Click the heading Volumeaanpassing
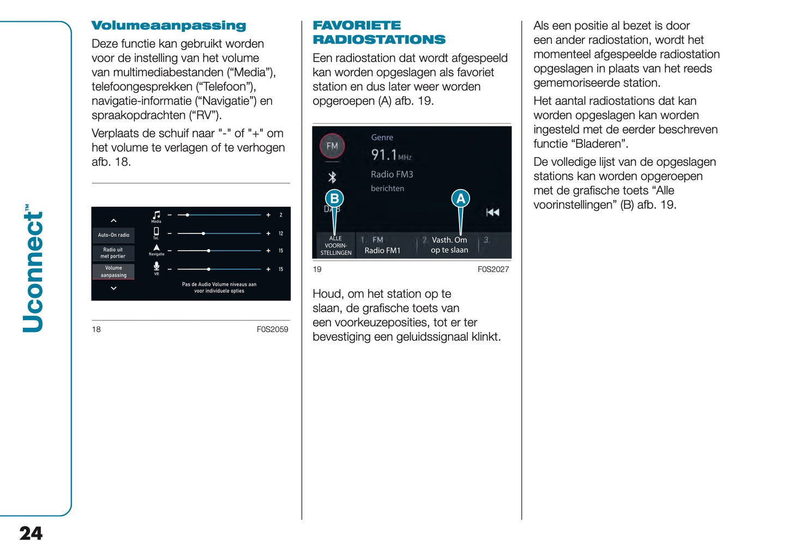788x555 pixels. click(169, 26)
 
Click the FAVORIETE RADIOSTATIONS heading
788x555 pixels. click(378, 33)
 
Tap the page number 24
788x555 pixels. click(31, 533)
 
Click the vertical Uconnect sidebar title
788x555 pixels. click(33, 269)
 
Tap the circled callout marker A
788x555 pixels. click(460, 198)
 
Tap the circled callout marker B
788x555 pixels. click(334, 198)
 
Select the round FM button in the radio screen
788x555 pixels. click(332, 146)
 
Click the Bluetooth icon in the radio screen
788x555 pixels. click(332, 177)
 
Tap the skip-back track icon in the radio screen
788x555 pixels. click(492, 212)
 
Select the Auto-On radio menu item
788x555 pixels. click(113, 235)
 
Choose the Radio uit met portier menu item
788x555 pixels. click(113, 253)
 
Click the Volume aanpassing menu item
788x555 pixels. click(113, 272)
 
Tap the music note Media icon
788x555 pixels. click(157, 215)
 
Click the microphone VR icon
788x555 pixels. click(157, 267)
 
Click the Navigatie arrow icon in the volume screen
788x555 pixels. click(157, 248)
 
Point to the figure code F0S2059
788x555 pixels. click(272, 329)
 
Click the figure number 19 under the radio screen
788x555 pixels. click(317, 269)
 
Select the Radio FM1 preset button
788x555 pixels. click(382, 245)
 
